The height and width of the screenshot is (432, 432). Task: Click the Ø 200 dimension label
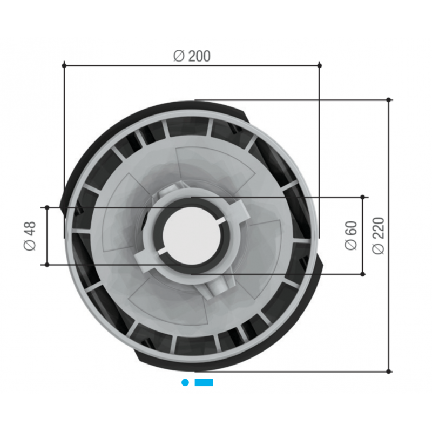click(192, 56)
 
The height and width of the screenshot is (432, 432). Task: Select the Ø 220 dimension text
click(378, 235)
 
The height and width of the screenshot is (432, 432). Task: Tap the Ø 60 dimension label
click(351, 235)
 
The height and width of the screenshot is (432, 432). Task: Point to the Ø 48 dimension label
click(30, 236)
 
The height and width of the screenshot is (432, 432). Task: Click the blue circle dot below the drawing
click(185, 382)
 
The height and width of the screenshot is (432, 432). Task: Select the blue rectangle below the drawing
click(204, 382)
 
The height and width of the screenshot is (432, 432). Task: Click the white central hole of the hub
click(192, 236)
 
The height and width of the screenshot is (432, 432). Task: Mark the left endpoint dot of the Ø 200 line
click(64, 65)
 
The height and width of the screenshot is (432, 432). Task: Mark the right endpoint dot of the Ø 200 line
click(320, 65)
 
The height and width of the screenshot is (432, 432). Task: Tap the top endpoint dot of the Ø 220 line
click(388, 100)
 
